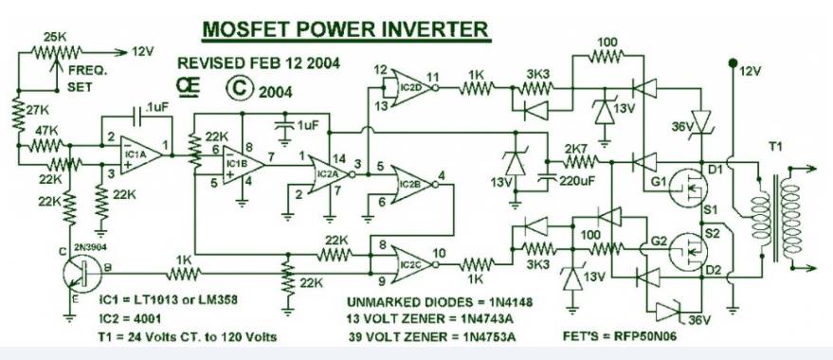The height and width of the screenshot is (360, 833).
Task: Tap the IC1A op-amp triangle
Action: [x=139, y=155]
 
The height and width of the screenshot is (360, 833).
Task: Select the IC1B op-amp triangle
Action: [x=243, y=165]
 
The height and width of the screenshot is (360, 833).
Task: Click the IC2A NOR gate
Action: [x=331, y=174]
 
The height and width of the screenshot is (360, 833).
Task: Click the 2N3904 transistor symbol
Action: [x=81, y=274]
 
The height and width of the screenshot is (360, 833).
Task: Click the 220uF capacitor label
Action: [x=576, y=181]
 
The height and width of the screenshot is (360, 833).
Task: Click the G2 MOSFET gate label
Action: [x=660, y=241]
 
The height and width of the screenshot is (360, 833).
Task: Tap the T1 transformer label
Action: [x=775, y=146]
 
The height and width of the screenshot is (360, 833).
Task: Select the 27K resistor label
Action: [x=38, y=111]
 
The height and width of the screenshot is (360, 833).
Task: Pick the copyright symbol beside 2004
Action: [x=239, y=88]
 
